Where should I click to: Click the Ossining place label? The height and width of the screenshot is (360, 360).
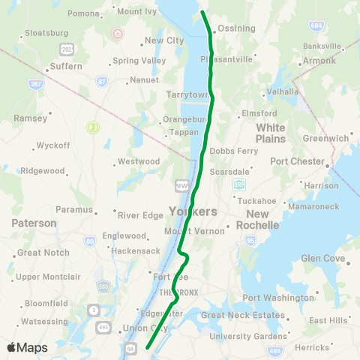[235, 28]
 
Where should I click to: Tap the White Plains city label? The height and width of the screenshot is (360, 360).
[271, 133]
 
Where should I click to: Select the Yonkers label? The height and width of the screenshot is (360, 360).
[188, 211]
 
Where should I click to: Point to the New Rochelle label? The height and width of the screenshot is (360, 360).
[257, 219]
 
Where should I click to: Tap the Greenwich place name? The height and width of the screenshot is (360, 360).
[326, 138]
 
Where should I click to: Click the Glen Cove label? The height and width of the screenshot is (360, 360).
[322, 258]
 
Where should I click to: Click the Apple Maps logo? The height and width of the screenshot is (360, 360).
[27, 347]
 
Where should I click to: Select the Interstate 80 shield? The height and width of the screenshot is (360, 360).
[89, 241]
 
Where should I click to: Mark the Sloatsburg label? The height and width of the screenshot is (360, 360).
[46, 33]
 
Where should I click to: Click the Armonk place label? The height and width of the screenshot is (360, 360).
[319, 61]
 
